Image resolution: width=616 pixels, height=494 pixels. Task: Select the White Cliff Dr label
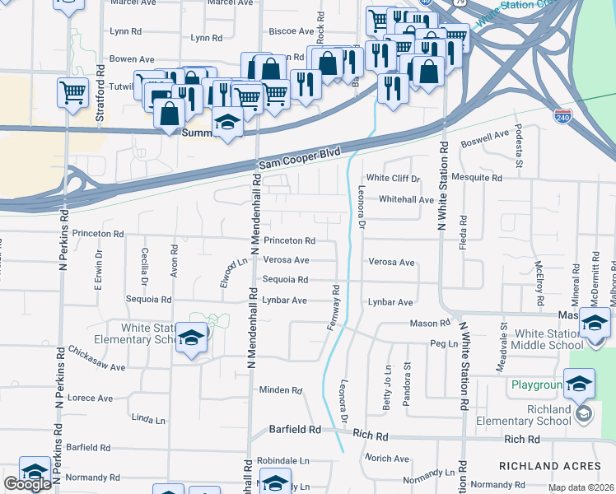tap(393, 178)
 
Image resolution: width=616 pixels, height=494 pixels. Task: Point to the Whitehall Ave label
tap(406, 199)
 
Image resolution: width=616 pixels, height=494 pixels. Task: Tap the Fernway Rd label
tap(334, 308)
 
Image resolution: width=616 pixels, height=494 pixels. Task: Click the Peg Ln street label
tap(443, 343)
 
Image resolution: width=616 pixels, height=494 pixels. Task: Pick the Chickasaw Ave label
tap(97, 363)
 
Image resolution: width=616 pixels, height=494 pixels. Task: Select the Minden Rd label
tap(281, 389)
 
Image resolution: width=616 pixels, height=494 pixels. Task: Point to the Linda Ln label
tap(148, 419)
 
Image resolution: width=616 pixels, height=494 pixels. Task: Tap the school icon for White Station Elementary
tap(191, 338)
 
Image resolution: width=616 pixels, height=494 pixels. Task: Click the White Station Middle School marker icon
tap(595, 323)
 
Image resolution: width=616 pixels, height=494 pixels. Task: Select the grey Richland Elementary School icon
tap(584, 412)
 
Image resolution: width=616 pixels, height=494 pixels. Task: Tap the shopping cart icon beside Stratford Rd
tap(73, 91)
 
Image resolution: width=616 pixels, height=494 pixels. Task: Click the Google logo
tap(27, 484)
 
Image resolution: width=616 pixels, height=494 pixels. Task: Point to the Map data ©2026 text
tap(581, 487)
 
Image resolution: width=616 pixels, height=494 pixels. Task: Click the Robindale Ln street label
tap(282, 460)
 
